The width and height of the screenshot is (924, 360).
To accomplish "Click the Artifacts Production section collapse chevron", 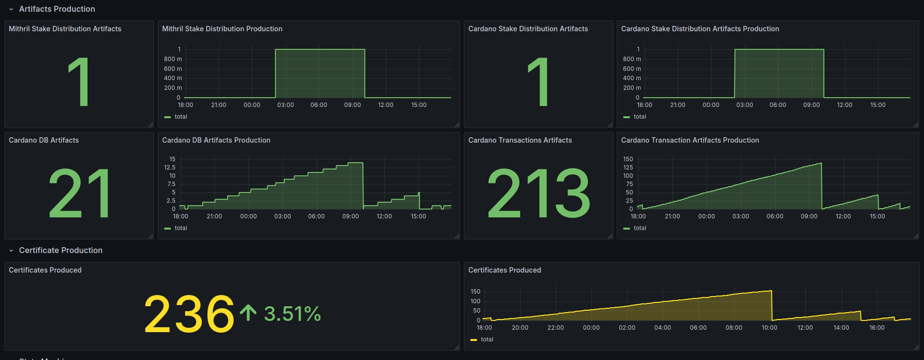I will pos(11,9).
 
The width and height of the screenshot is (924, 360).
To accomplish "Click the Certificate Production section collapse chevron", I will pos(11,251).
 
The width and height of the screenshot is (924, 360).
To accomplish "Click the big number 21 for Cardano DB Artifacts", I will pos(79,193).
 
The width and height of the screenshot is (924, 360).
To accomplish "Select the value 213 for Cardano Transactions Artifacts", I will pos(539,193).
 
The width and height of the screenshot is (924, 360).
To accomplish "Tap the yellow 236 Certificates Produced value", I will pos(189,314).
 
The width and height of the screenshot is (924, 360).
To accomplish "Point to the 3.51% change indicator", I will pos(292,314).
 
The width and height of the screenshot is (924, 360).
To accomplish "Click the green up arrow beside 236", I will pos(248,313).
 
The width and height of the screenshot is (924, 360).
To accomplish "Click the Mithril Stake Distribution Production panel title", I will pos(222,29).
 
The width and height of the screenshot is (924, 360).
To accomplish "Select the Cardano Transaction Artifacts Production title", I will pos(690,140).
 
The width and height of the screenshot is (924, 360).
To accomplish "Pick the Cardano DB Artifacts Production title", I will pos(216,140).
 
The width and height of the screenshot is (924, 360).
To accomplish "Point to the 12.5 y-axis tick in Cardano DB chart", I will pos(169,168).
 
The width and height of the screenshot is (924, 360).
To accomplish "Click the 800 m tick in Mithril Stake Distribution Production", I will pos(173,59).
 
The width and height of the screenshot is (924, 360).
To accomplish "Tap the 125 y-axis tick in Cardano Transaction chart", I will pos(628,168).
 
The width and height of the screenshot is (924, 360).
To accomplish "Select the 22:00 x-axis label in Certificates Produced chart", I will pos(555,328).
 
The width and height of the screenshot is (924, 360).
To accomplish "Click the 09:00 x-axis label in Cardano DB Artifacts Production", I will pos(350,216).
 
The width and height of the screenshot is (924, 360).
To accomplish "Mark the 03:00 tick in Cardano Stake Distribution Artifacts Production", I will pos(744,105).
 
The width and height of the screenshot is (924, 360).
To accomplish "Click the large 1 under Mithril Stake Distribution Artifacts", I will pos(79,82).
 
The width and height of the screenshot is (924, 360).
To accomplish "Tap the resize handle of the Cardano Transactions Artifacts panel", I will pos(610,236).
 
